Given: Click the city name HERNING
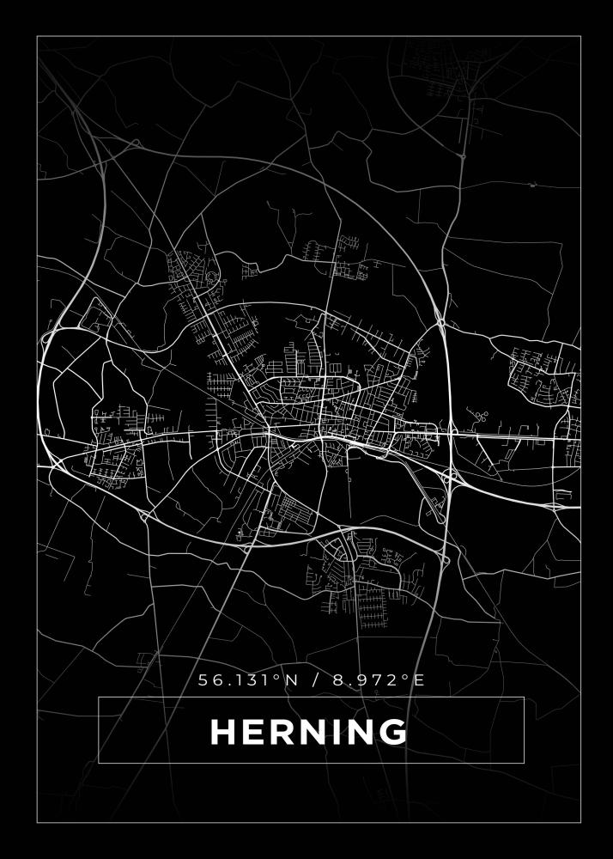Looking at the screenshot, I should pyautogui.click(x=309, y=732).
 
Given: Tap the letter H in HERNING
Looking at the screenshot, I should pyautogui.click(x=224, y=732).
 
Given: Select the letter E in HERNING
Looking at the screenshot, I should pyautogui.click(x=256, y=732).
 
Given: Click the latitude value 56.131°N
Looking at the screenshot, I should pyautogui.click(x=248, y=679).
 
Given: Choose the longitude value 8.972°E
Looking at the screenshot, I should pyautogui.click(x=379, y=679).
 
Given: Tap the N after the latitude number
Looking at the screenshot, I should pyautogui.click(x=291, y=679).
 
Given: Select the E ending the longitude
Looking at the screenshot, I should pyautogui.click(x=419, y=679).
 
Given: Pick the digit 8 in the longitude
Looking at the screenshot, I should pyautogui.click(x=338, y=679).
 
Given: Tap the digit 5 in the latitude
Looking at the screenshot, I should pyautogui.click(x=204, y=679).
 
